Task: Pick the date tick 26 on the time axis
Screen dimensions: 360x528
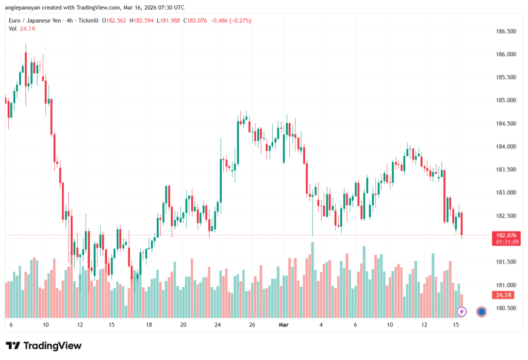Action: click(x=252, y=325)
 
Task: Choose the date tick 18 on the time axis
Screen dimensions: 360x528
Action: click(x=148, y=325)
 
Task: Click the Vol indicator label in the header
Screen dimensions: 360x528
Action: click(x=13, y=28)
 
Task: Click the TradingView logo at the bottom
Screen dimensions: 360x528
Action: click(x=44, y=346)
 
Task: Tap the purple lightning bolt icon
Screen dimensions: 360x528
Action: click(x=462, y=311)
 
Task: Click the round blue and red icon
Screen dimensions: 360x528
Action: click(x=482, y=311)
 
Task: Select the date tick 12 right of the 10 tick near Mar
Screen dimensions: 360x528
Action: click(x=424, y=325)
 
